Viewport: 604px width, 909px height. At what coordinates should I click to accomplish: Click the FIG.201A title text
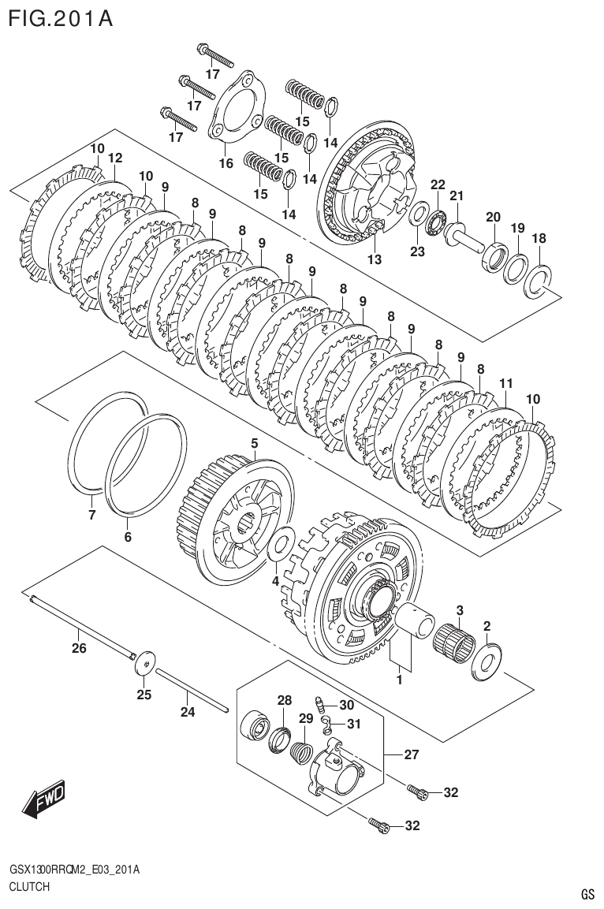click(60, 17)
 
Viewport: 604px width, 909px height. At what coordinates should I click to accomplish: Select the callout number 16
click(226, 164)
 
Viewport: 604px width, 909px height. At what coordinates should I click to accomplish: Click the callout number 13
click(373, 259)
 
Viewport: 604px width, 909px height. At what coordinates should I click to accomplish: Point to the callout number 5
click(255, 445)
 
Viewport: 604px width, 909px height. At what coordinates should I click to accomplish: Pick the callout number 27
click(411, 754)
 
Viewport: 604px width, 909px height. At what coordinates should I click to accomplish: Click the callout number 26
click(79, 649)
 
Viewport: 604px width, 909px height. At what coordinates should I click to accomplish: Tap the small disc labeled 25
click(144, 663)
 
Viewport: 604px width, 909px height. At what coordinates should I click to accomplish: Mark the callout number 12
click(115, 158)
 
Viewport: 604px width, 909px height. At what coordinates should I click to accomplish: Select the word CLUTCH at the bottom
click(29, 887)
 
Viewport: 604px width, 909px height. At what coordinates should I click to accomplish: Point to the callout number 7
click(91, 516)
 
